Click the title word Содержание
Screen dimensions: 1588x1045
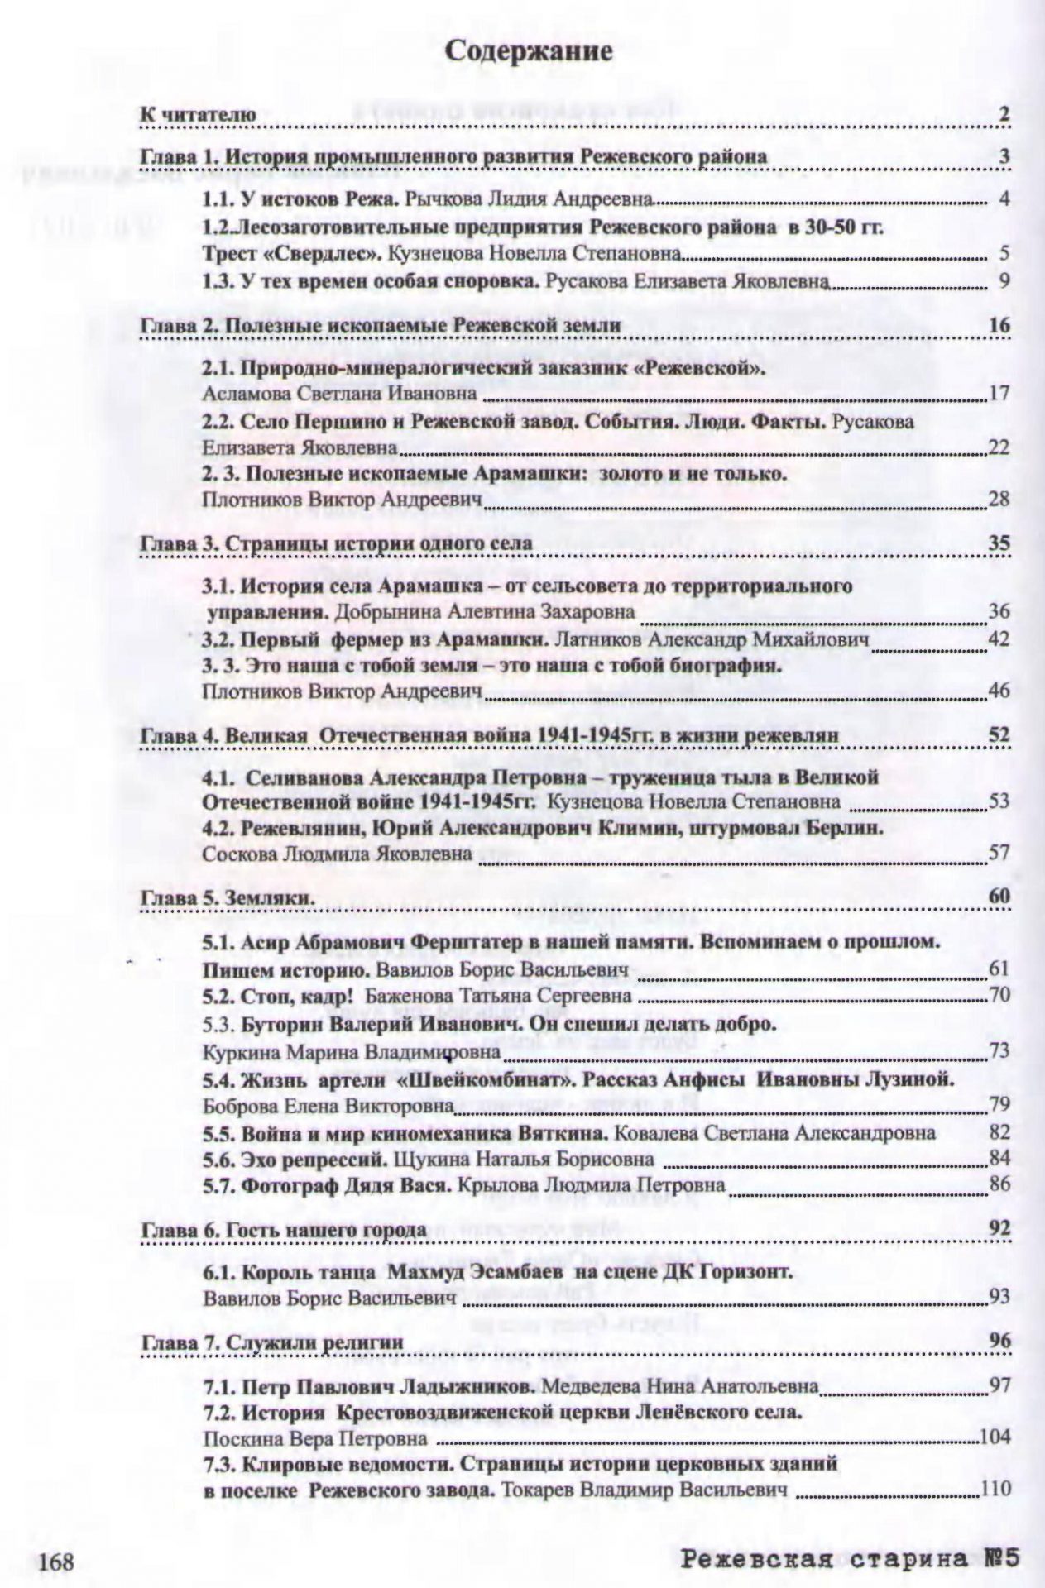[x=529, y=51]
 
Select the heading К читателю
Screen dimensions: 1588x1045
[x=198, y=114]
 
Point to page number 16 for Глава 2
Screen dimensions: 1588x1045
[x=999, y=325]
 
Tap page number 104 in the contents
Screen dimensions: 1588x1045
[x=995, y=1437]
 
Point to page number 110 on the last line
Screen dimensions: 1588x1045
[x=995, y=1489]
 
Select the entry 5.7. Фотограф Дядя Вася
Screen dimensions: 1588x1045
[x=327, y=1185]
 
